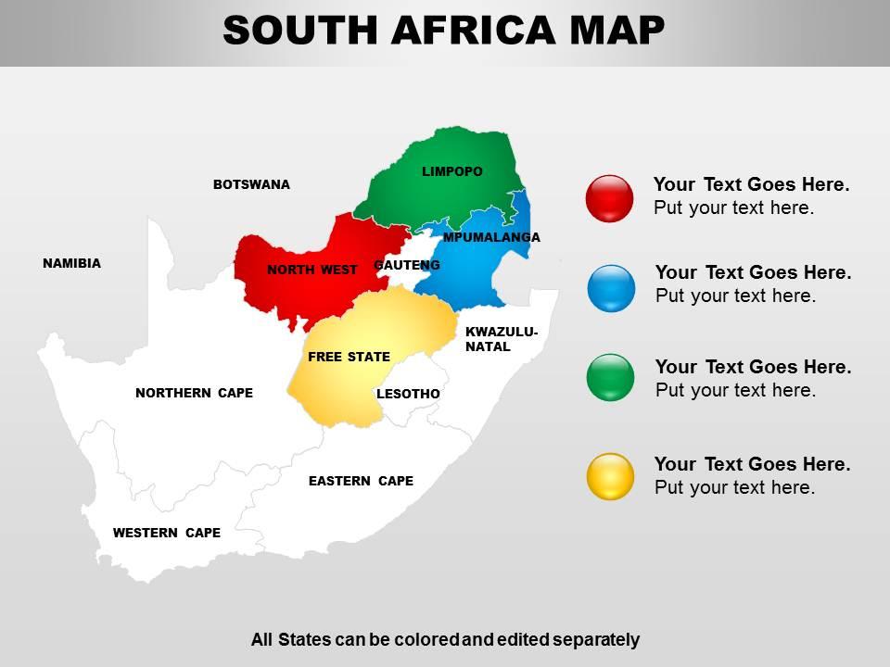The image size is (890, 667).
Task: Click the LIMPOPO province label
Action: (x=451, y=171)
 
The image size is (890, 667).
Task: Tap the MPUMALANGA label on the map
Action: (x=491, y=237)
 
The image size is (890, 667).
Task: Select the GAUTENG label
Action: (x=406, y=265)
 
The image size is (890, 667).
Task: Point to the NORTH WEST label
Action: (x=311, y=270)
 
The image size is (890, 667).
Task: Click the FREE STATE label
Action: (x=349, y=357)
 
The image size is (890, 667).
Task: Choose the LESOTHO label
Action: (x=408, y=394)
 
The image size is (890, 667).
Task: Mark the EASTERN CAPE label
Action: (x=361, y=481)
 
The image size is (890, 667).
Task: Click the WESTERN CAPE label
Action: (x=167, y=533)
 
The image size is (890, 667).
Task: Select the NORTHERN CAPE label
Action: (x=194, y=393)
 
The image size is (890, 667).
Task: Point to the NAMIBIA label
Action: (x=71, y=263)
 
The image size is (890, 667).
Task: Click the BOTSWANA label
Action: (x=251, y=184)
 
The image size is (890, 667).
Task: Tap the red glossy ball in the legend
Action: (x=609, y=198)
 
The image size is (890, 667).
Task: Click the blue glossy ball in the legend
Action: (x=611, y=287)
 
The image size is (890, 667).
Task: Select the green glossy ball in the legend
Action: (x=611, y=377)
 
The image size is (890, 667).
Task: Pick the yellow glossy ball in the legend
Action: (x=611, y=476)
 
